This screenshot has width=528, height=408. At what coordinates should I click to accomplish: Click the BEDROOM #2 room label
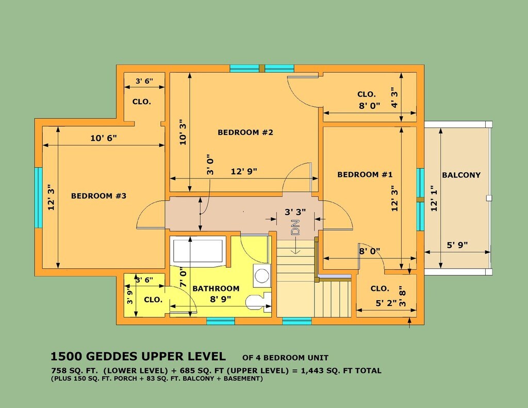click(245, 133)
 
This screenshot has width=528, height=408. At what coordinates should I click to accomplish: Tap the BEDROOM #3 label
click(98, 195)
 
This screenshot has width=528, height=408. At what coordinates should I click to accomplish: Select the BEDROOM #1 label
click(365, 174)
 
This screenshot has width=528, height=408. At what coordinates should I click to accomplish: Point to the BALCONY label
click(461, 175)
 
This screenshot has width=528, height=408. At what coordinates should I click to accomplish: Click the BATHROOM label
click(216, 288)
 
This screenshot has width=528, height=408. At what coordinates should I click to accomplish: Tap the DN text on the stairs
click(295, 227)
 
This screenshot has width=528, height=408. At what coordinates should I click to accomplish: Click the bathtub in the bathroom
click(197, 250)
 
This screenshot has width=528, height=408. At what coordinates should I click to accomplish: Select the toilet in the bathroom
click(258, 301)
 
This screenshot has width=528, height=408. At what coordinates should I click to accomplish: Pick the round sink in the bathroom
click(261, 275)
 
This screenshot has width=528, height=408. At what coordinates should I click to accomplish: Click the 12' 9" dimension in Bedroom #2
click(244, 171)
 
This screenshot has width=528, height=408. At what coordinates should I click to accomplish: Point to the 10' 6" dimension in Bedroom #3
click(103, 138)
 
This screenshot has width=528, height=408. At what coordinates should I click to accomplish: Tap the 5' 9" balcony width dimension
click(457, 245)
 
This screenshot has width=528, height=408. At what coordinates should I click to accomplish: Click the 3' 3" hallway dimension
click(295, 212)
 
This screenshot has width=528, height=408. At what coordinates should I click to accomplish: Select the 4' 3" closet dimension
click(393, 97)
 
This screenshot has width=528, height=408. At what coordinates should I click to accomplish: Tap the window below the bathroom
click(221, 321)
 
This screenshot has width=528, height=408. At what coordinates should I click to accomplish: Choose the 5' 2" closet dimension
click(386, 303)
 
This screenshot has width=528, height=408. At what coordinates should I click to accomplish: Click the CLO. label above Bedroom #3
click(141, 102)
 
